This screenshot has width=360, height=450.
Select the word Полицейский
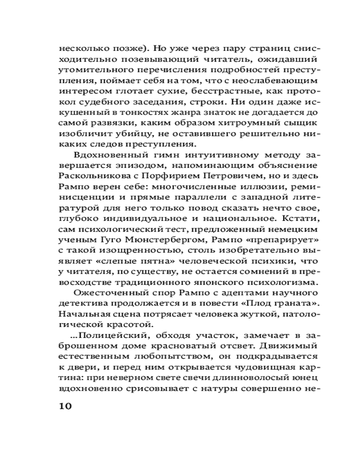[x=112, y=336]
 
